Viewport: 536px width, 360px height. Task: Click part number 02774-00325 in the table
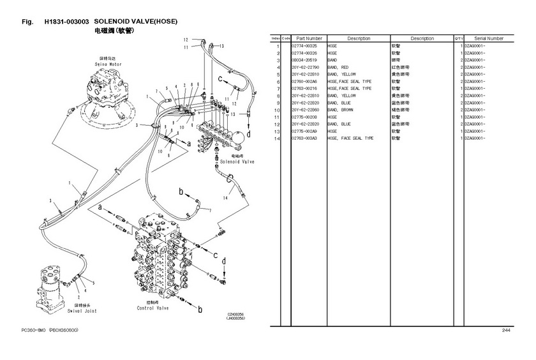pyautogui.click(x=304, y=46)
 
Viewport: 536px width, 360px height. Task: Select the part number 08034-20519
pyautogui.click(x=304, y=60)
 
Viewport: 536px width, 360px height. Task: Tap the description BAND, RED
pyautogui.click(x=338, y=67)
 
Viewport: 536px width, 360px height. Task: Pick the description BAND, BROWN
pyautogui.click(x=341, y=110)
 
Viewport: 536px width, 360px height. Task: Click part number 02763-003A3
pyautogui.click(x=304, y=138)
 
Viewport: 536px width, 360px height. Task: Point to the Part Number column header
pyautogui.click(x=309, y=39)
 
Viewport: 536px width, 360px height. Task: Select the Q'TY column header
pyautogui.click(x=458, y=39)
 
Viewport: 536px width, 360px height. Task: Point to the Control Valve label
pyautogui.click(x=153, y=308)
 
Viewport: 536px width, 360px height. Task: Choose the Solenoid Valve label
pyautogui.click(x=237, y=161)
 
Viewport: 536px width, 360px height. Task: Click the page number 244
pyautogui.click(x=505, y=330)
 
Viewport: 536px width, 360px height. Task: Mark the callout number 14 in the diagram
pyautogui.click(x=225, y=199)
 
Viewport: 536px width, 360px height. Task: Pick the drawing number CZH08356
pyautogui.click(x=236, y=313)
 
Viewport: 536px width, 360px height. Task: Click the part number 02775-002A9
pyautogui.click(x=304, y=131)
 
